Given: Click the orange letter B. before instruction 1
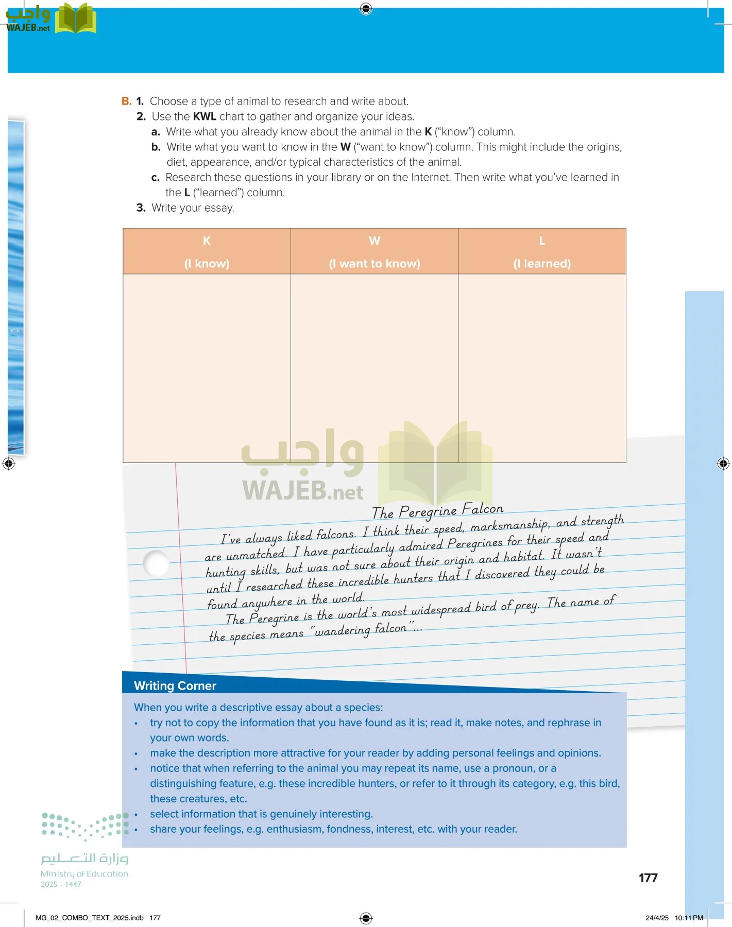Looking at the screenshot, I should coord(126,101).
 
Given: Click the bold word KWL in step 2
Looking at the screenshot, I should coord(204,117).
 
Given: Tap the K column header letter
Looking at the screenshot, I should coord(207,241).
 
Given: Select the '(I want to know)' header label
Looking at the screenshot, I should coord(374,264).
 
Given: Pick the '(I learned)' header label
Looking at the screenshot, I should coord(542,264).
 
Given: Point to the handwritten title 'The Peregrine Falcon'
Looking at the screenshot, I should coord(437,511).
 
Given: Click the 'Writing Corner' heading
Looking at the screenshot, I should coord(175,686).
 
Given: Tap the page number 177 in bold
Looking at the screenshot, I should coord(648,878).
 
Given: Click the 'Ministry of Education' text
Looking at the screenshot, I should coord(84,874).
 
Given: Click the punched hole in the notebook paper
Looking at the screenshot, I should coord(156,563).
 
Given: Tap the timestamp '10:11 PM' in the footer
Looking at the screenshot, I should coord(689,918).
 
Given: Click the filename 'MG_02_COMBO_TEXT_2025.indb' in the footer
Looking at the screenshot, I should coord(90,918).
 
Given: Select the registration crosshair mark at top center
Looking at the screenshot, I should coord(366,8).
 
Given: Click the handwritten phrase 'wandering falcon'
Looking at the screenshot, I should coord(361,630).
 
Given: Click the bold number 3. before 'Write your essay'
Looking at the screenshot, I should coord(141,208).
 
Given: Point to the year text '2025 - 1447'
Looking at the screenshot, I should coord(61,885).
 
